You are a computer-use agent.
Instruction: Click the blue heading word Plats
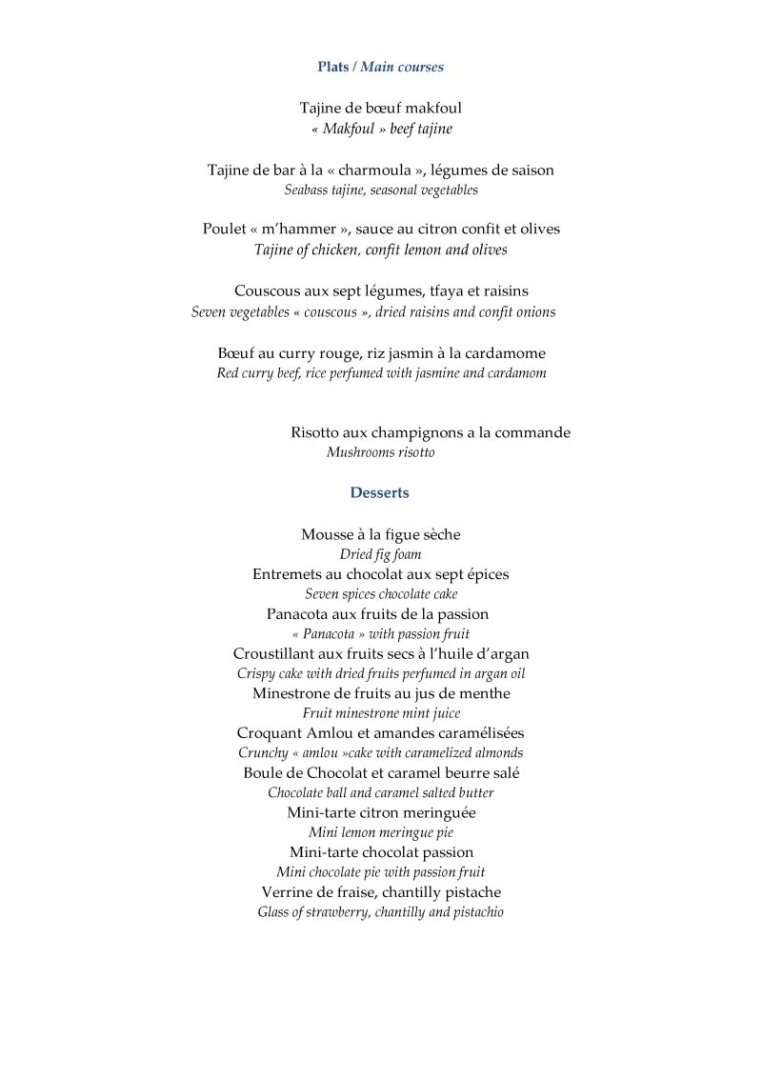332,67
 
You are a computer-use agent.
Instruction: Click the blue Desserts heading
379,492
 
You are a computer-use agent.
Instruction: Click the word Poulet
224,230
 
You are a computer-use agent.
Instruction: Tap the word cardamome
506,353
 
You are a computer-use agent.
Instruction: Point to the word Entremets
288,574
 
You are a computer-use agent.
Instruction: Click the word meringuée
439,813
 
